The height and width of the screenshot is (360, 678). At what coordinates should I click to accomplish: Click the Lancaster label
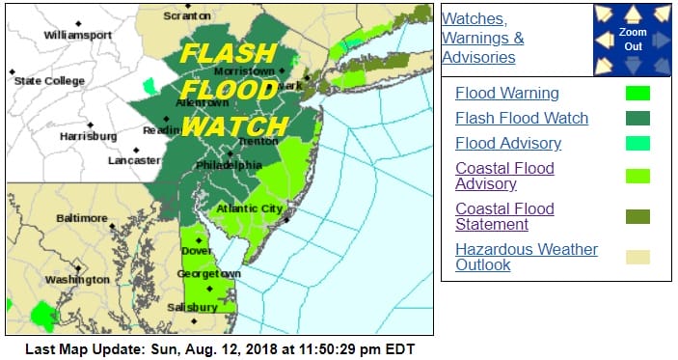(135, 160)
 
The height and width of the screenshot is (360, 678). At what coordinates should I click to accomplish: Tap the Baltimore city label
(83, 218)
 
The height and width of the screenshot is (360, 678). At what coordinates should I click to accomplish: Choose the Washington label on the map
(76, 279)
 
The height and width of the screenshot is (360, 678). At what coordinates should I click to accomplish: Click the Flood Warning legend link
(507, 94)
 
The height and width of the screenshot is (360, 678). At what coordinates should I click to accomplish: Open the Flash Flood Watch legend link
(522, 119)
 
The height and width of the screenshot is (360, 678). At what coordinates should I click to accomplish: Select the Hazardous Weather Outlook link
(527, 257)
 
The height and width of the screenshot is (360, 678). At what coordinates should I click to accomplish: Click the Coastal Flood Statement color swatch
(637, 216)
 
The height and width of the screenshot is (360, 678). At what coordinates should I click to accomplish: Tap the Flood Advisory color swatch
(637, 144)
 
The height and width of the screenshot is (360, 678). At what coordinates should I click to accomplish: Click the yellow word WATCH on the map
(234, 126)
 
